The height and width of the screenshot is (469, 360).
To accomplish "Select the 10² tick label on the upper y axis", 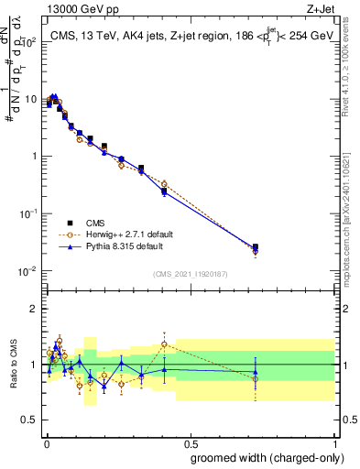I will tap(28, 41).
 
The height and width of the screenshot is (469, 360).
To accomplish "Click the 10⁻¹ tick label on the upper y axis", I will tap(28, 213).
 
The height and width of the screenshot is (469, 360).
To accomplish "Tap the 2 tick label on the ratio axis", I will tap(34, 309).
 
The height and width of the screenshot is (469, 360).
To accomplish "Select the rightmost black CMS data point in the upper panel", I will tap(256, 247).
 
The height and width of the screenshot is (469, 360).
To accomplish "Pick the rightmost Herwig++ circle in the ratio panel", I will tap(256, 378).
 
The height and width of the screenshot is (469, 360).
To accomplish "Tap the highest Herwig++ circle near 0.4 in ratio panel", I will tap(164, 344).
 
